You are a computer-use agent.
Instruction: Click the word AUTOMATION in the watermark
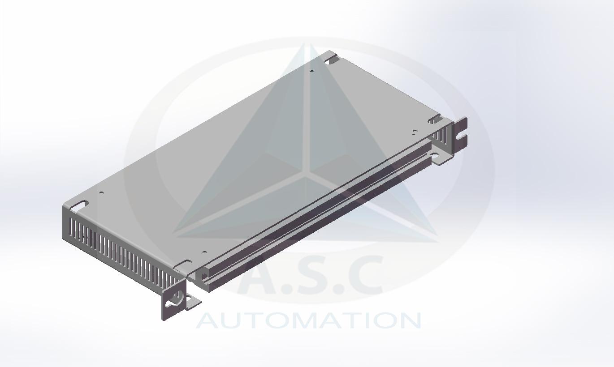(309, 321)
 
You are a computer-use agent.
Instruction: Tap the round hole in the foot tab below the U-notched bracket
(434, 156)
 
